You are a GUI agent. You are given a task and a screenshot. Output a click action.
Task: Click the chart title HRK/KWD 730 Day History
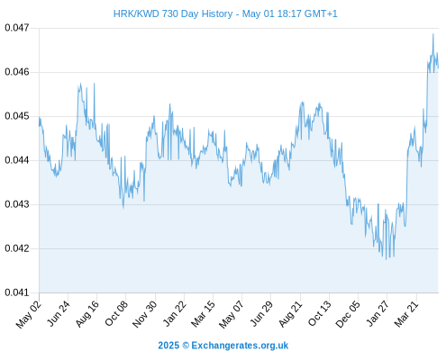[x=173, y=13]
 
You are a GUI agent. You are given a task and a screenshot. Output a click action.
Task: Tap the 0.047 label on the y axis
[x=17, y=28]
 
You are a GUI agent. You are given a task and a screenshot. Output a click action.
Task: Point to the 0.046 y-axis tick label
[x=17, y=72]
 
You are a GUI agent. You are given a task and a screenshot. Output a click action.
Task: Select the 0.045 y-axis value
[x=17, y=116]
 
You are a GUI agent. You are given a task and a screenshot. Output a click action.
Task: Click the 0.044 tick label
[x=17, y=160]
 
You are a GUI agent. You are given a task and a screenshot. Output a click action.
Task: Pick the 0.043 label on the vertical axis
[x=17, y=204]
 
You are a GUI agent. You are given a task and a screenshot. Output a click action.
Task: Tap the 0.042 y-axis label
[x=17, y=248]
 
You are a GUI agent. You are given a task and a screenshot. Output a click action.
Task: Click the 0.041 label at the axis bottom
[x=17, y=292]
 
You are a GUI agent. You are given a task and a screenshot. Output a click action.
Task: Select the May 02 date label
[x=29, y=314]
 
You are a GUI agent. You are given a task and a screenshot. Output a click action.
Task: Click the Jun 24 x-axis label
[x=59, y=313]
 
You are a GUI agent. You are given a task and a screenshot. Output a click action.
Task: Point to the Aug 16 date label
[x=87, y=313]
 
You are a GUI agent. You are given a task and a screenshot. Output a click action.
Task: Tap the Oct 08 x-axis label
[x=116, y=313]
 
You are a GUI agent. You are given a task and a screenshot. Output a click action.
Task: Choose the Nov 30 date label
[x=145, y=314]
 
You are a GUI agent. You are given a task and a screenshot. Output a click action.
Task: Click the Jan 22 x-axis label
[x=175, y=313]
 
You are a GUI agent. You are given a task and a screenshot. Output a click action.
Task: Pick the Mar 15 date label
[x=204, y=314]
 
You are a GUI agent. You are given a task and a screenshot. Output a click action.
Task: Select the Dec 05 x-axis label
[x=348, y=314]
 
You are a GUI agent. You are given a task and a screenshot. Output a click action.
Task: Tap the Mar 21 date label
[x=406, y=314]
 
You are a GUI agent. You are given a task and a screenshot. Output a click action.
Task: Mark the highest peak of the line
[x=433, y=34]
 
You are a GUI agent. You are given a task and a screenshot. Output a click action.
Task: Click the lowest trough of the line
[x=387, y=259]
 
